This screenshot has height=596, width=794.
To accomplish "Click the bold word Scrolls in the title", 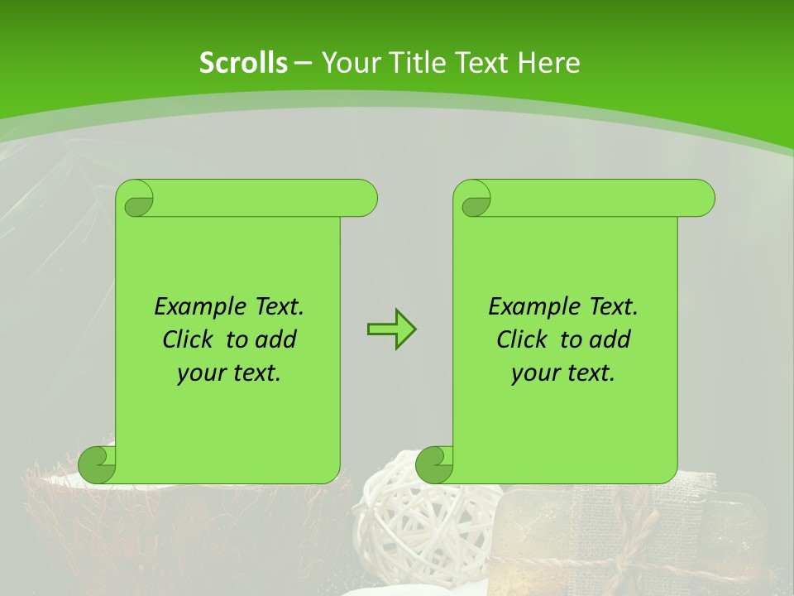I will click(x=243, y=63).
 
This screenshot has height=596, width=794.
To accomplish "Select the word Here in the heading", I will click(x=549, y=63).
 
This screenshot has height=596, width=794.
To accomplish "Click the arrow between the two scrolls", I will click(x=391, y=329).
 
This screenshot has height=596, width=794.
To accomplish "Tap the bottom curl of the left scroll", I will click(x=97, y=464).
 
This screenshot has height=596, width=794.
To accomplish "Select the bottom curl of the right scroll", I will click(x=434, y=464).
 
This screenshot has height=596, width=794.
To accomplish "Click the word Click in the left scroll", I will click(x=189, y=340).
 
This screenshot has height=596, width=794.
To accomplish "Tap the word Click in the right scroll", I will click(x=524, y=340).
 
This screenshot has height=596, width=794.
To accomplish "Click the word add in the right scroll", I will click(x=610, y=340).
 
